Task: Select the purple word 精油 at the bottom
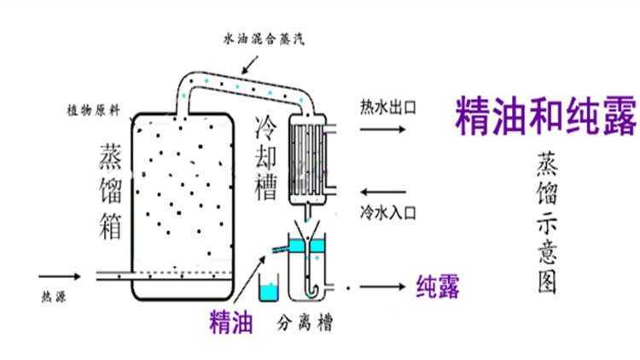tap(230, 322)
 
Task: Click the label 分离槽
tap(305, 325)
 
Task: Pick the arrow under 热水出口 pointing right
tap(383, 130)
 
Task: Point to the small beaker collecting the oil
tap(271, 289)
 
